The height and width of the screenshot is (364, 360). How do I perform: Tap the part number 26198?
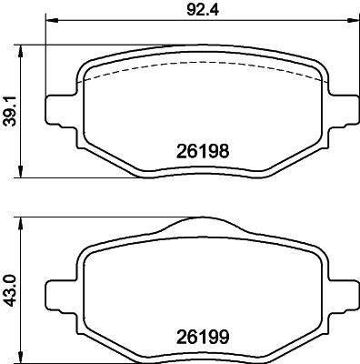click(x=198, y=154)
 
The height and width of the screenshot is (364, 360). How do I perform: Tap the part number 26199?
click(x=198, y=336)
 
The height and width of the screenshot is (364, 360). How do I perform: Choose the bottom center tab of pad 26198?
click(x=199, y=174)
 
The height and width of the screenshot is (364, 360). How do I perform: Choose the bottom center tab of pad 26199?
click(x=199, y=356)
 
